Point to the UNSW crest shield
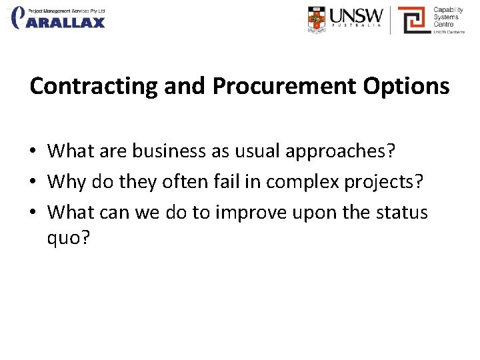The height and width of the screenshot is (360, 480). (318, 19)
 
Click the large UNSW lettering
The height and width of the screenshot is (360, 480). (357, 15)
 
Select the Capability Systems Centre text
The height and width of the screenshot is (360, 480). (449, 17)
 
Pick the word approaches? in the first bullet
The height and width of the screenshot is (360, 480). (341, 151)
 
